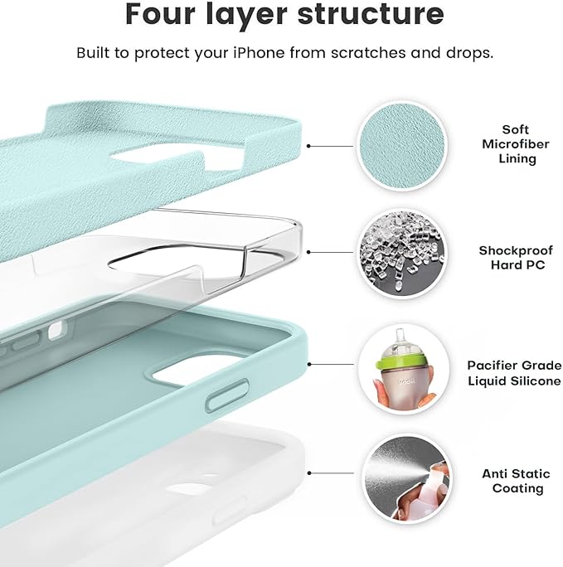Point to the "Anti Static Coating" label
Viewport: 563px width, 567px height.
click(516, 482)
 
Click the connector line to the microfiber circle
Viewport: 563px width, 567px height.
click(332, 144)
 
